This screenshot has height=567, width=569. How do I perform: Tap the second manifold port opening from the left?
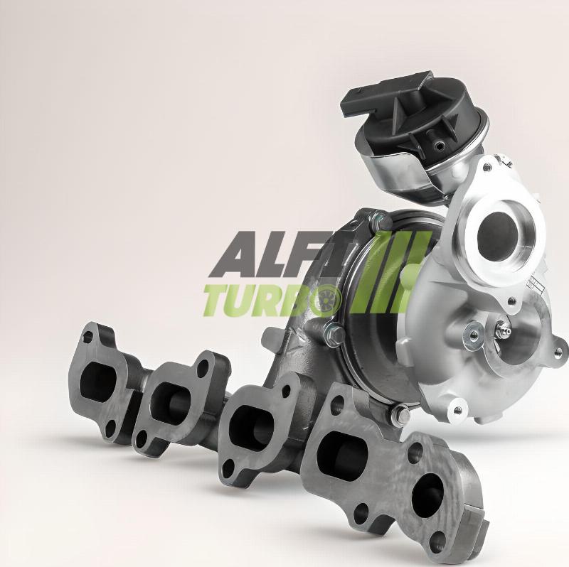pyautogui.click(x=171, y=401)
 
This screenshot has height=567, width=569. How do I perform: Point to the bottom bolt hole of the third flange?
pyautogui.click(x=228, y=468)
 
